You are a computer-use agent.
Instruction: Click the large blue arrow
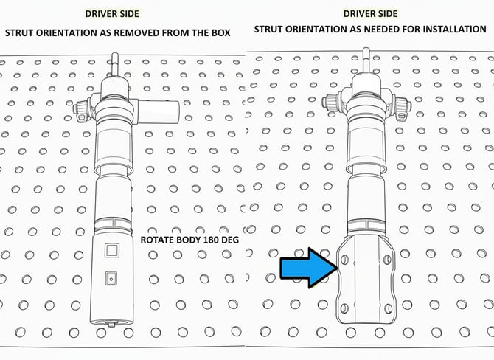(309, 268)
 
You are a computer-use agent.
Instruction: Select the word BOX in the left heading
(221, 32)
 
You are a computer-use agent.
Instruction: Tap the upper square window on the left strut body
(112, 250)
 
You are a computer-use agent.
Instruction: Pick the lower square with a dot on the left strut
(111, 278)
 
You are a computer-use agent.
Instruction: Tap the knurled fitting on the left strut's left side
(83, 111)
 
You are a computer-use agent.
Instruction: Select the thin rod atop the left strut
(115, 65)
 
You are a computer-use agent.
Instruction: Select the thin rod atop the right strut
(366, 60)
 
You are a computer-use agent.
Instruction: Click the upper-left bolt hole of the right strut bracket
(344, 260)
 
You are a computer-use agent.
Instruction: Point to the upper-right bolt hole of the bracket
(388, 260)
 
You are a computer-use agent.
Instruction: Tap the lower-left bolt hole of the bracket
(344, 308)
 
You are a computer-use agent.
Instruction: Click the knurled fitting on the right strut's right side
(401, 107)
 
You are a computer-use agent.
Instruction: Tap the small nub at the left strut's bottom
(111, 324)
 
